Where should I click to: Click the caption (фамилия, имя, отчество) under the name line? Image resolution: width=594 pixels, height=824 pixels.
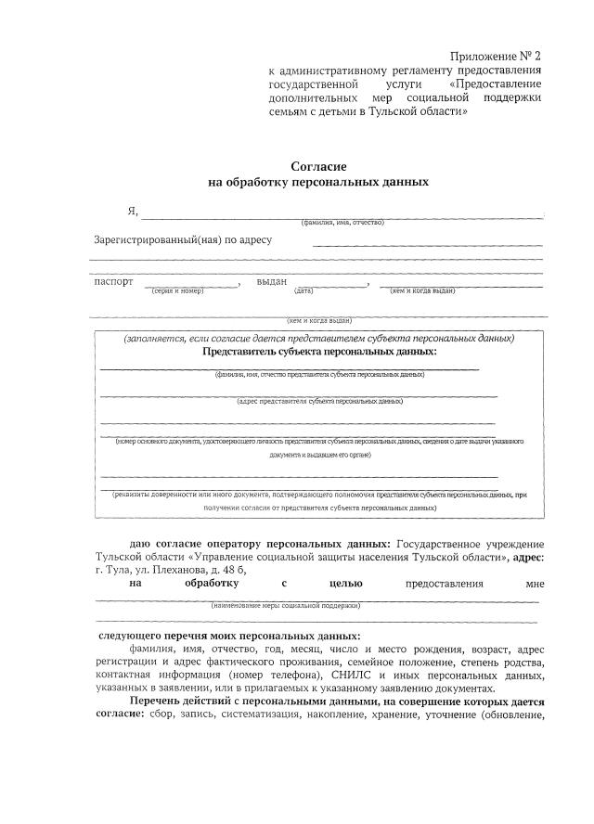342,223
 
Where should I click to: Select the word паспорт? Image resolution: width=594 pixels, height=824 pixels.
114,281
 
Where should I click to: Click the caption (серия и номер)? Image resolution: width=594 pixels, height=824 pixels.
176,291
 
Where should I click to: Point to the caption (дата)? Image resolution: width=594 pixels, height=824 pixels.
303,291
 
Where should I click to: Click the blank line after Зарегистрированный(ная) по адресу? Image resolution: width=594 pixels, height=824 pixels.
427,243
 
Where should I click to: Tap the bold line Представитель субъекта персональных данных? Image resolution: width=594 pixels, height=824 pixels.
319,352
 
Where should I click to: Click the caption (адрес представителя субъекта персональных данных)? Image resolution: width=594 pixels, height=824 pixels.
319,402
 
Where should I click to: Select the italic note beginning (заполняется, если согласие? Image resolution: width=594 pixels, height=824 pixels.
319,339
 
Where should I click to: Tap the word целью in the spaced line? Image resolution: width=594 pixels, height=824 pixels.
345,584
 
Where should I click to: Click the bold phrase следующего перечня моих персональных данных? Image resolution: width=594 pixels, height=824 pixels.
230,636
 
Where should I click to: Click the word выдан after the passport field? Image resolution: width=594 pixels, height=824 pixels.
272,281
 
